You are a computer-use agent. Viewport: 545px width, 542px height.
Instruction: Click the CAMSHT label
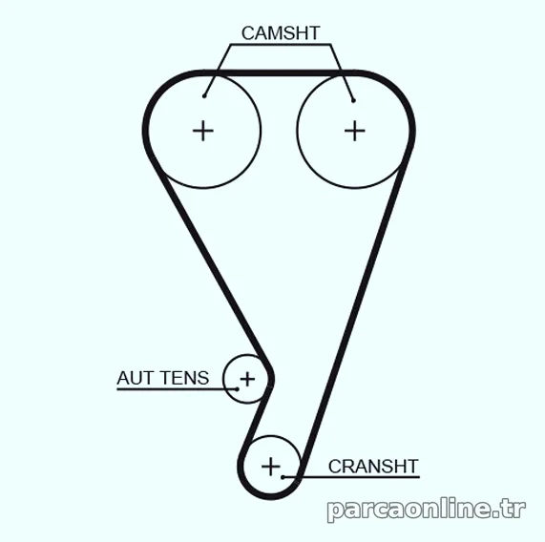click(x=281, y=33)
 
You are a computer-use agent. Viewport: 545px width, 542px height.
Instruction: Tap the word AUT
click(x=136, y=378)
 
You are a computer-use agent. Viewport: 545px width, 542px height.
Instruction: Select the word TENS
click(x=185, y=378)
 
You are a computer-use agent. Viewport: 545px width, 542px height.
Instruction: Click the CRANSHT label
click(x=373, y=467)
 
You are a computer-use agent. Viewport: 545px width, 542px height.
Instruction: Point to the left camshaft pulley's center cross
click(x=203, y=132)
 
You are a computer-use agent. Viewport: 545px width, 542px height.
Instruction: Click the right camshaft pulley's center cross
click(x=354, y=131)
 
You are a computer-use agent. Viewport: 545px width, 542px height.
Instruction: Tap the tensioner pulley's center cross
click(x=247, y=379)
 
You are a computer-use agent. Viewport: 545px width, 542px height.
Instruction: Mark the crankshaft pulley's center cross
click(x=271, y=467)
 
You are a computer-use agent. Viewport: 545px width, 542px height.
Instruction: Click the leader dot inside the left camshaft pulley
click(x=204, y=95)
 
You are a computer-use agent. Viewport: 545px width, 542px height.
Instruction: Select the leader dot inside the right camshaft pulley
click(x=353, y=101)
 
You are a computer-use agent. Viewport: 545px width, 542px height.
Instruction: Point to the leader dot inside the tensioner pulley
click(x=237, y=389)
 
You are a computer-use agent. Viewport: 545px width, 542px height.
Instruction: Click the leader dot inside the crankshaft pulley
click(x=283, y=477)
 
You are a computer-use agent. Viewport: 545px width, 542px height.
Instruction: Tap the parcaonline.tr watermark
click(x=427, y=511)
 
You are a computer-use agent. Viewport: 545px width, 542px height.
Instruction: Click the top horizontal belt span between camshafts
click(x=278, y=73)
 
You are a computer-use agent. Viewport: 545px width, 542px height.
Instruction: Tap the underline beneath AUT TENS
click(x=177, y=389)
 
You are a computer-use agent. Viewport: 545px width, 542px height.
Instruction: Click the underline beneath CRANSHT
click(x=351, y=477)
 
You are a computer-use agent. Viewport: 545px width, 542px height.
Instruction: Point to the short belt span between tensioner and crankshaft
click(x=257, y=417)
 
